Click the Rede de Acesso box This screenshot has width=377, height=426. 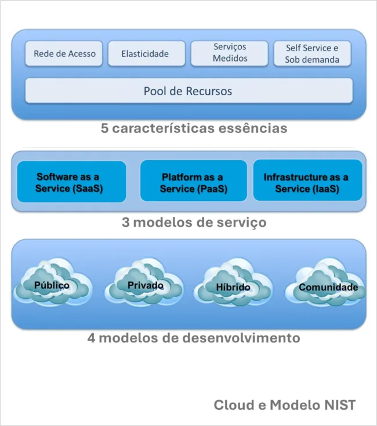64,53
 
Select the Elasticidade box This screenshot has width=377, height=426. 145,53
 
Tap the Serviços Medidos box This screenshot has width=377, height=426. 229,53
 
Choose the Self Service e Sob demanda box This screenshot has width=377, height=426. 312,53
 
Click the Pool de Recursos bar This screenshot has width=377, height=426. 188,91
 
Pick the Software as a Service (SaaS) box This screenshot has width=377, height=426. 72,182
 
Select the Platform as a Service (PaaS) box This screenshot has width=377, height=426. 193,182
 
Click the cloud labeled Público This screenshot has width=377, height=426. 52,284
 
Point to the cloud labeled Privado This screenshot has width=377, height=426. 145,284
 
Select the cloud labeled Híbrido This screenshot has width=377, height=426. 233,286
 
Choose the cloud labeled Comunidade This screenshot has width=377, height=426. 328,286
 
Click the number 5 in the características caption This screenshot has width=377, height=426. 104,128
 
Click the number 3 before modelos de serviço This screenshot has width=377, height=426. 126,222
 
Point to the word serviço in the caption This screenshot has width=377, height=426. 242,222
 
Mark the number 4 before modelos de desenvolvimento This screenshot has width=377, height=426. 92,337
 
